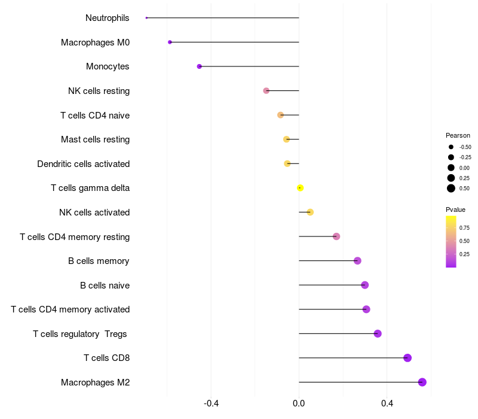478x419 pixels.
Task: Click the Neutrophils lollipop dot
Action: tap(146, 18)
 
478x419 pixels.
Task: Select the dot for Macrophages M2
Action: tap(422, 382)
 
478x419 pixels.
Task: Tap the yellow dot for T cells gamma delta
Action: tap(300, 188)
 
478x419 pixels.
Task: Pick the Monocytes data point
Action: tap(200, 66)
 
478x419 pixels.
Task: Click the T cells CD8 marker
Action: tap(407, 358)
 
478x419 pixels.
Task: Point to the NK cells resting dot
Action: tap(266, 91)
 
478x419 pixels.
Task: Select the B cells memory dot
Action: tap(357, 261)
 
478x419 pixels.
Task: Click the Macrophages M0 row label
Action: tap(95, 42)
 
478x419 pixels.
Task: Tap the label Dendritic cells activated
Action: tap(83, 164)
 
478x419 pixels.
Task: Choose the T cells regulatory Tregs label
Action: tap(79, 334)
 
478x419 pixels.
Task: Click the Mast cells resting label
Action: tap(95, 139)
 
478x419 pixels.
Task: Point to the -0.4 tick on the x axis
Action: tap(211, 403)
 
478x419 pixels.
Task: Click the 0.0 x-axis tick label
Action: tap(299, 403)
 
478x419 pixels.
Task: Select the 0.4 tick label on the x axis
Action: tap(387, 403)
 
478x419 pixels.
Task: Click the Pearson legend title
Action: tap(458, 135)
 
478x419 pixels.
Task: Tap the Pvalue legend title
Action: tap(455, 209)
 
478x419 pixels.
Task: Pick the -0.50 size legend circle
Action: tap(451, 147)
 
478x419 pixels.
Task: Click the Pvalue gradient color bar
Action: tap(451, 241)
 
